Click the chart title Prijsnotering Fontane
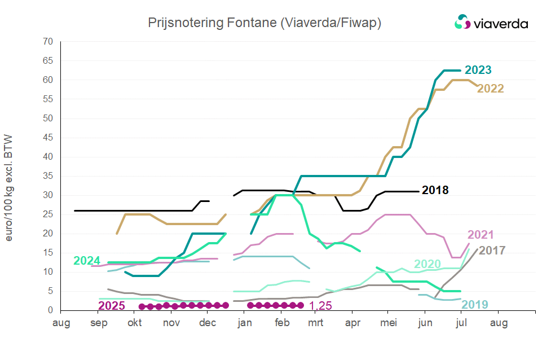[265, 23]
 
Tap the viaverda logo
[491, 23]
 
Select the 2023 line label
[477, 70]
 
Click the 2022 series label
[490, 89]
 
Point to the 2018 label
[435, 190]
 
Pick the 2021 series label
[481, 235]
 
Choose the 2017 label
[492, 250]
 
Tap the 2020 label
[427, 264]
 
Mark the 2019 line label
[475, 305]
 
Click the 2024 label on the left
[87, 261]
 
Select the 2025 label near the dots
[112, 306]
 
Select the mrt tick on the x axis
[316, 323]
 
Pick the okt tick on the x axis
[135, 323]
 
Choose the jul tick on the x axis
[462, 323]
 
